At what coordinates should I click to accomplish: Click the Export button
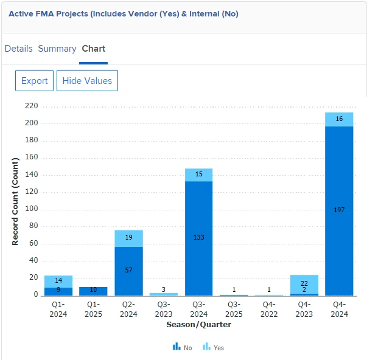[34, 81]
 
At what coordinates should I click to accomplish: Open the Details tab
[18, 49]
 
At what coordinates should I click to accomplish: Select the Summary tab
[57, 49]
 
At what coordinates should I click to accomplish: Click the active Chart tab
[93, 49]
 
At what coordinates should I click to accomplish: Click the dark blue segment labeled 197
[339, 210]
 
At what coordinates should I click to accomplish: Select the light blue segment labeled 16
[339, 119]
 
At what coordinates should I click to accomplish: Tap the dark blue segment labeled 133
[199, 237]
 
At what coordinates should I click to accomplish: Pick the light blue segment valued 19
[128, 238]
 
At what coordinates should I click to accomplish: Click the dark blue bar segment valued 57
[128, 270]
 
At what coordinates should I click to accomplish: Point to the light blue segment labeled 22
[304, 283]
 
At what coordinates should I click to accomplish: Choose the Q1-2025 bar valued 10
[93, 291]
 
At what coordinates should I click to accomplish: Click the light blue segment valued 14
[58, 281]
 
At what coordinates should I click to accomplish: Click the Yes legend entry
[213, 347]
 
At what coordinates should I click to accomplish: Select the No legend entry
[183, 347]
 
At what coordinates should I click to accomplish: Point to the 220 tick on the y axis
[31, 106]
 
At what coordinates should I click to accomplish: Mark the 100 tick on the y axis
[31, 209]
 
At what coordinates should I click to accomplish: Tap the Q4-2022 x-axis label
[269, 310]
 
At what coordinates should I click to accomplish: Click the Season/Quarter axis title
[198, 325]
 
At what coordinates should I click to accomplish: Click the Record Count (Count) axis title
[15, 201]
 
